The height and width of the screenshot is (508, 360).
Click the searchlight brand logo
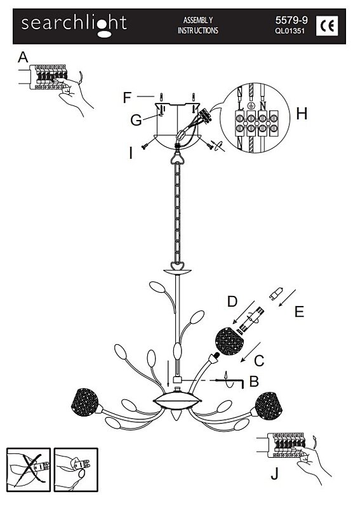pos(74,25)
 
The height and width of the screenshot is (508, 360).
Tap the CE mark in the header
pos(326,26)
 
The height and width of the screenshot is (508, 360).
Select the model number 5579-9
pos(291,20)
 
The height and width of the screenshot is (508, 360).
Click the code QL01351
pos(290,31)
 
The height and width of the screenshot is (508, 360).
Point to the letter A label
pos(23,58)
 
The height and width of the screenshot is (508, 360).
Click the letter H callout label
pos(302,114)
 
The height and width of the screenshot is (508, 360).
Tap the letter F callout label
pos(127,98)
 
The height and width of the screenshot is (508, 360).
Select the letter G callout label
pos(136,121)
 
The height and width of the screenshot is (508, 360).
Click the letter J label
pos(275,474)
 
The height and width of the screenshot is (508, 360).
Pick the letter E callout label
pos(300,312)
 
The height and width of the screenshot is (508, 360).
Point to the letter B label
pos(254,382)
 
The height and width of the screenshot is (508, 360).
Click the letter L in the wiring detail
pos(241,105)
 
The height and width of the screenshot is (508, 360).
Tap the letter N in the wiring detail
pos(263,105)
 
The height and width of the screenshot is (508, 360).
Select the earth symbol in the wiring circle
pos(251,105)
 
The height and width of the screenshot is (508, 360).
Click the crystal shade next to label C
pos(229,341)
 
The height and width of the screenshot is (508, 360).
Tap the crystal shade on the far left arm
pos(84,403)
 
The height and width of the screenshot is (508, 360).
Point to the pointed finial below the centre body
pos(177,416)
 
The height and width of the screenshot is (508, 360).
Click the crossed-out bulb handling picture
pos(29,470)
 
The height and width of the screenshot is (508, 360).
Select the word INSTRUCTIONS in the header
pos(198,30)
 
